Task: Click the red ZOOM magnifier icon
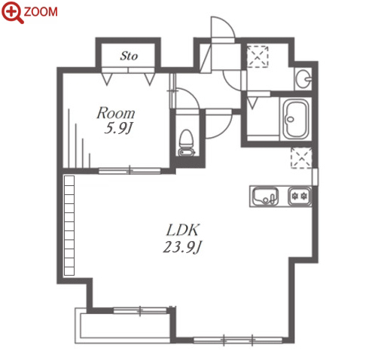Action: [x=12, y=13]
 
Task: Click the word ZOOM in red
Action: [x=41, y=12]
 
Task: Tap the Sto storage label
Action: [x=129, y=56]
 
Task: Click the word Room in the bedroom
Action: [x=116, y=113]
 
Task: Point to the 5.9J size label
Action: [x=118, y=129]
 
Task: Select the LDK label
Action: [x=182, y=230]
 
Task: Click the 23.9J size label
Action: [x=182, y=247]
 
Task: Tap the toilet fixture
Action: [x=186, y=142]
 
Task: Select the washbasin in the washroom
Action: [x=303, y=78]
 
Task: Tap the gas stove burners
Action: [x=300, y=196]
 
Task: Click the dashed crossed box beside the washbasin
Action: [x=258, y=56]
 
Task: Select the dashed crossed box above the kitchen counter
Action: [x=301, y=158]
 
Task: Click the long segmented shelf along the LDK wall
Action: [x=69, y=225]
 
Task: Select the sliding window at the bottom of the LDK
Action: [x=238, y=340]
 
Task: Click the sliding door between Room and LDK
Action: [x=130, y=171]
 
